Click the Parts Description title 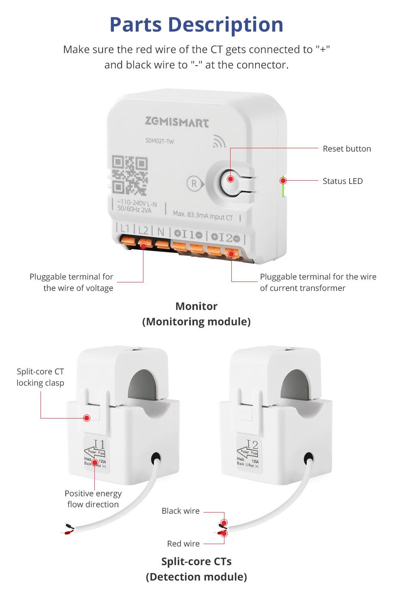click(196, 24)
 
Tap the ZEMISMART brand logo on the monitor click(177, 122)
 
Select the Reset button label click(346, 149)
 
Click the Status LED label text click(342, 181)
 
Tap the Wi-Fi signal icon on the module click(219, 141)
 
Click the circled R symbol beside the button click(194, 184)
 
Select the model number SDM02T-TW click(159, 141)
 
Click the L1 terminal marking click(125, 229)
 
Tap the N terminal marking click(161, 232)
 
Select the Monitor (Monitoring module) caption click(196, 314)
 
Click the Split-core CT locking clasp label click(41, 377)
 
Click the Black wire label click(180, 511)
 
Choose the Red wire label click(183, 544)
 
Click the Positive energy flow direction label click(93, 499)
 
